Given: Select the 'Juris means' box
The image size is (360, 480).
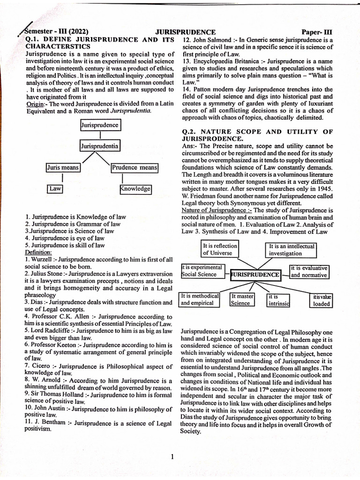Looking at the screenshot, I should click(63, 167).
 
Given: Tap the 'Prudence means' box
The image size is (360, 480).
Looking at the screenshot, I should click(134, 167).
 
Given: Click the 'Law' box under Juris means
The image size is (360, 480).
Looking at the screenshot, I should click(55, 188).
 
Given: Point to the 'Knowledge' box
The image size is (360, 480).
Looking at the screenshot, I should click(135, 188).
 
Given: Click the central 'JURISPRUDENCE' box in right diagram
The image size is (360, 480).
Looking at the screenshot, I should click(255, 274).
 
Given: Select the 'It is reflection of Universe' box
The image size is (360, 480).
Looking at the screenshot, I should click(219, 249).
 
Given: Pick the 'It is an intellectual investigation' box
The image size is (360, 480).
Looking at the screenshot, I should click(291, 249).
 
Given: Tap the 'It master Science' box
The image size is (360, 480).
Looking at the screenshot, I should click(242, 300).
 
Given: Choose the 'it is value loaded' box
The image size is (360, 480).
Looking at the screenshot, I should click(321, 300).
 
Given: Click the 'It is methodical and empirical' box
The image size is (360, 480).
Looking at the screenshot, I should click(200, 300).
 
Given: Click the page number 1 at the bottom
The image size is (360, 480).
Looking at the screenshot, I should click(172, 457).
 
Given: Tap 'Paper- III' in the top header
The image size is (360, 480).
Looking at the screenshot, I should click(317, 32).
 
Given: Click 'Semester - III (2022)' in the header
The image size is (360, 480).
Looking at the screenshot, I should click(56, 32).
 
